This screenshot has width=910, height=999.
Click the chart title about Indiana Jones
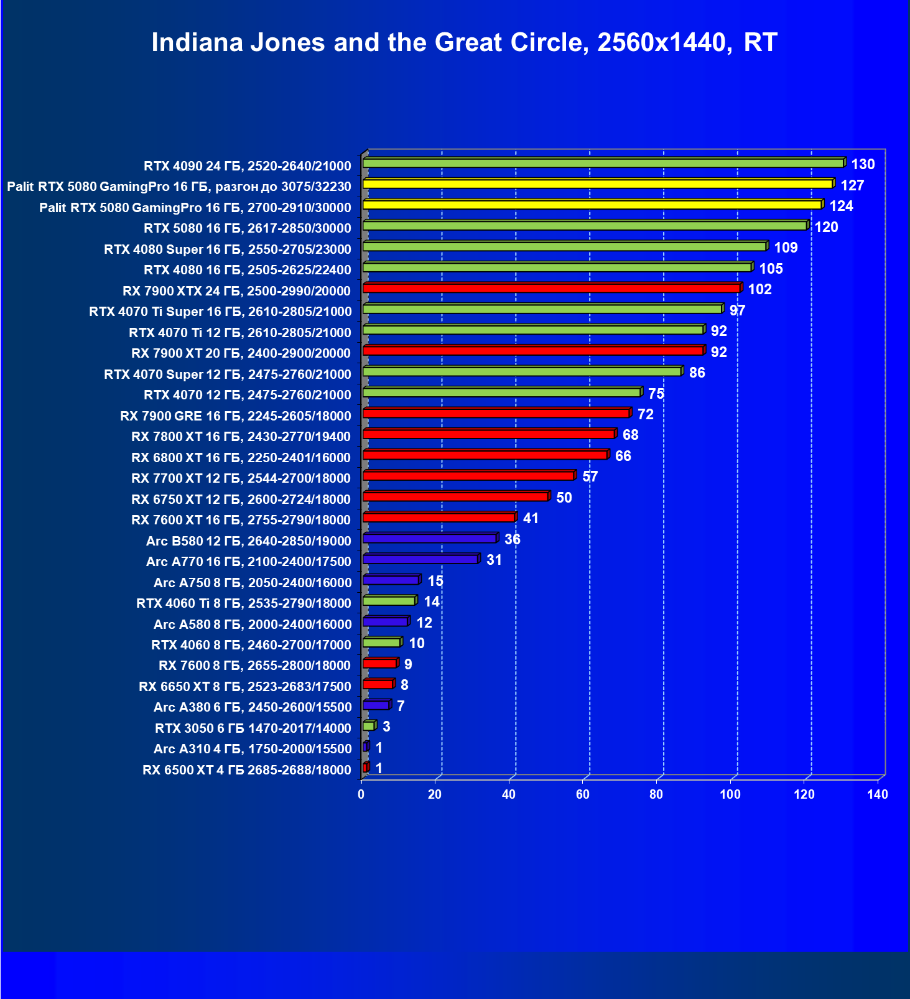pyautogui.click(x=464, y=43)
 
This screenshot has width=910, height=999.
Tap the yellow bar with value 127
pyautogui.click(x=597, y=184)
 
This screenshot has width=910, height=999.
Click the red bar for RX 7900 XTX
pyautogui.click(x=551, y=289)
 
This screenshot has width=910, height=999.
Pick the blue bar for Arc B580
pyautogui.click(x=429, y=539)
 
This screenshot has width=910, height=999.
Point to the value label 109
pyautogui.click(x=786, y=248)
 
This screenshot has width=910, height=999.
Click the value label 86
pyautogui.click(x=697, y=373)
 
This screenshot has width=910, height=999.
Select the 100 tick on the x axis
pyautogui.click(x=730, y=794)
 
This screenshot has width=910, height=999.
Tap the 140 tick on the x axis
pyautogui.click(x=878, y=794)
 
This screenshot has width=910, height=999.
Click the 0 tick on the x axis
pyautogui.click(x=361, y=794)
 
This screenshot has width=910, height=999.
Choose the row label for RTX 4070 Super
pyautogui.click(x=227, y=374)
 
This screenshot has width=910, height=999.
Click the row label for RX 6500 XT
pyautogui.click(x=246, y=770)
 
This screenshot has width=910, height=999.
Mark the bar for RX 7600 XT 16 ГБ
pyautogui.click(x=439, y=518)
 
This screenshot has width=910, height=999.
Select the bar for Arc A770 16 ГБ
pyautogui.click(x=420, y=559)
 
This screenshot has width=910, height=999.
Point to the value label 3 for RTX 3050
pyautogui.click(x=386, y=727)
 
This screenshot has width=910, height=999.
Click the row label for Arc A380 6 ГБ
pyautogui.click(x=253, y=707)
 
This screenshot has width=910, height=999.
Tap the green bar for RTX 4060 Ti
pyautogui.click(x=389, y=601)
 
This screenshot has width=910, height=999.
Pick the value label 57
pyautogui.click(x=590, y=476)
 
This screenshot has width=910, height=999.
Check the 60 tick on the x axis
pyautogui.click(x=583, y=794)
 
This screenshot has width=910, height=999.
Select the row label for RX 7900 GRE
pyautogui.click(x=235, y=416)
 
